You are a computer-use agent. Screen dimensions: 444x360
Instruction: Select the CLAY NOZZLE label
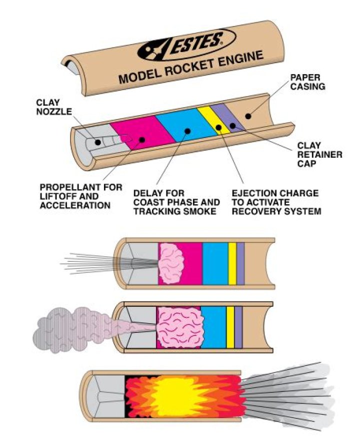[50, 106]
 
